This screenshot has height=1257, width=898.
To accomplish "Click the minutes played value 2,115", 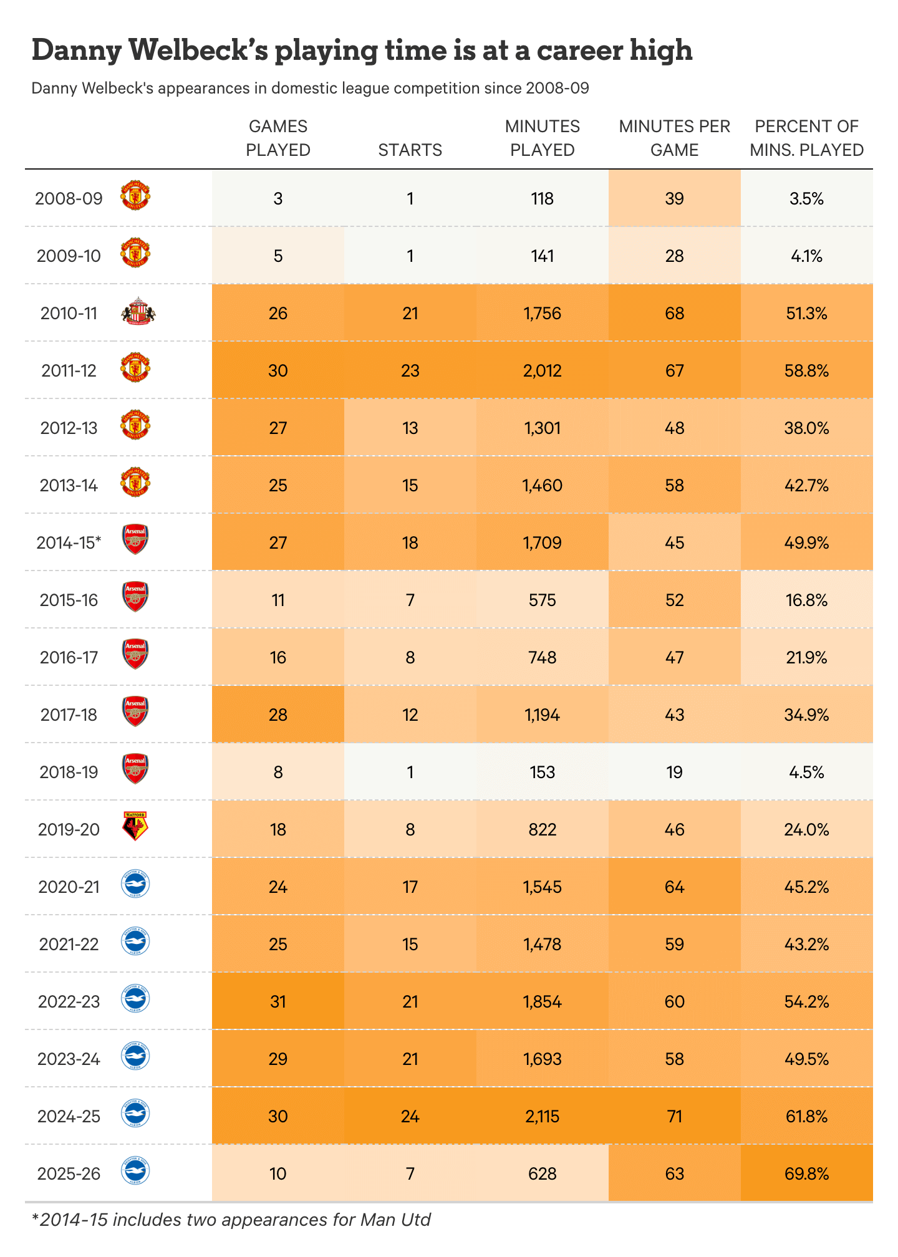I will click(x=542, y=1116).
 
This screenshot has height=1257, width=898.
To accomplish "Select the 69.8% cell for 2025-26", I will click(x=806, y=1173).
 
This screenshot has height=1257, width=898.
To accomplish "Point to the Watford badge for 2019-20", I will click(x=135, y=827).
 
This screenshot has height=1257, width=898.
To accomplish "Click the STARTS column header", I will click(x=410, y=150).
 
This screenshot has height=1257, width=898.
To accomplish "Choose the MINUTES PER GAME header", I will click(x=674, y=138).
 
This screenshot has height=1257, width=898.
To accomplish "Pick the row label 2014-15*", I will click(x=69, y=542).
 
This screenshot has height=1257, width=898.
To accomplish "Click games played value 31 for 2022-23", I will click(x=278, y=1001).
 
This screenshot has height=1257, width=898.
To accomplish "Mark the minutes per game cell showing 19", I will click(x=674, y=772).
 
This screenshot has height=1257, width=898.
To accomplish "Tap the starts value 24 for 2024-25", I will click(x=410, y=1116).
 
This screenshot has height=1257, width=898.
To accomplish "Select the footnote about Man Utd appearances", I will click(x=231, y=1220).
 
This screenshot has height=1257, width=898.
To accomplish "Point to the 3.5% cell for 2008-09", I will click(x=806, y=198).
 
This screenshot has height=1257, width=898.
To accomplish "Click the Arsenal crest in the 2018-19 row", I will click(x=135, y=769).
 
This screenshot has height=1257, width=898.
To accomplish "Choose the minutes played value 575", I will click(x=542, y=600).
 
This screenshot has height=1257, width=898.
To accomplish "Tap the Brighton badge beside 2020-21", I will click(x=135, y=885).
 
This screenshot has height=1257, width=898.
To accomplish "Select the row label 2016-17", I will click(x=69, y=657).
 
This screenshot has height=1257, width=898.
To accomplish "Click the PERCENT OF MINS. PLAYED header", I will click(x=806, y=138).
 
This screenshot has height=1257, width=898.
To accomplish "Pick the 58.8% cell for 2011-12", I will click(x=806, y=370).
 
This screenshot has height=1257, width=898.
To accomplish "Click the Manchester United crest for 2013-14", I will click(x=135, y=483).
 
